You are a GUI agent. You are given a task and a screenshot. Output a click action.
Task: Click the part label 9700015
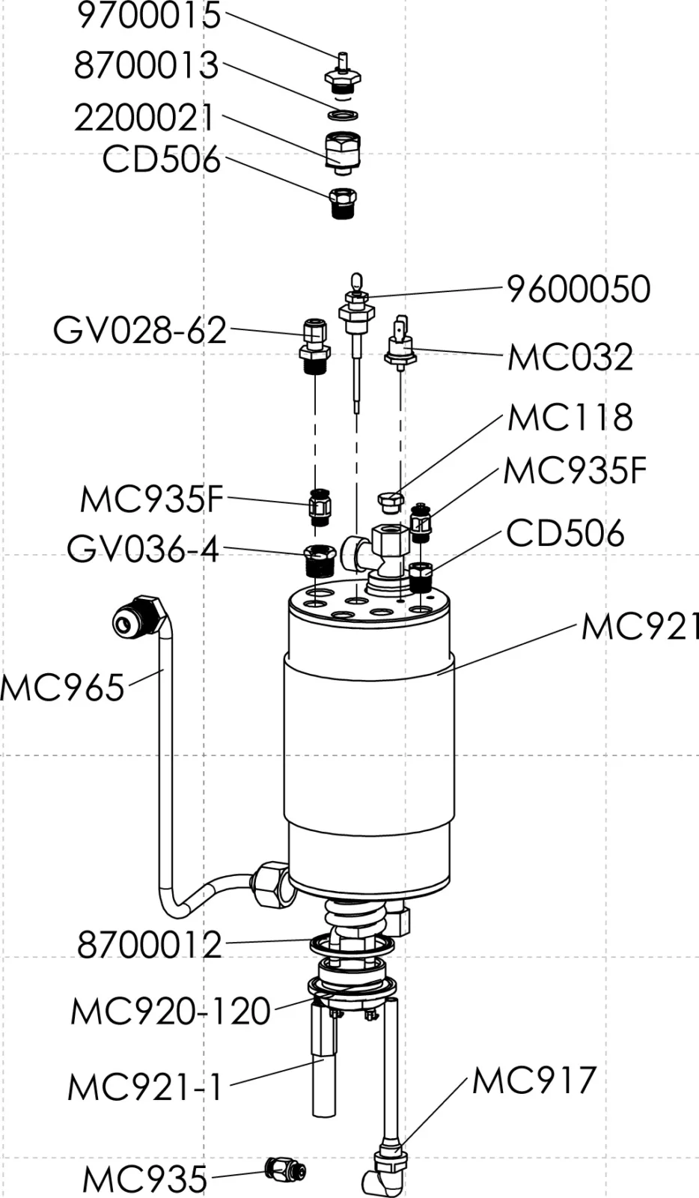(150, 16)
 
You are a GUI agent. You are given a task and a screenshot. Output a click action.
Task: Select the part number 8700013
(147, 66)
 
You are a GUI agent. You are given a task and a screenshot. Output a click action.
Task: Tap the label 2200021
(144, 118)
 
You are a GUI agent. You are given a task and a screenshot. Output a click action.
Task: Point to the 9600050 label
(579, 289)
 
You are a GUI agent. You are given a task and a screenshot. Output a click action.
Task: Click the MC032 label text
(570, 357)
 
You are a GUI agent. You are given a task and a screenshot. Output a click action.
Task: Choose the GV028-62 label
(140, 329)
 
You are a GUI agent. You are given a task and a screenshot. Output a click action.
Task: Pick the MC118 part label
(570, 418)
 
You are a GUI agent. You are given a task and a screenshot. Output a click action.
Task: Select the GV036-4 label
(143, 549)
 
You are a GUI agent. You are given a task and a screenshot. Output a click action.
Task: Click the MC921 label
(638, 627)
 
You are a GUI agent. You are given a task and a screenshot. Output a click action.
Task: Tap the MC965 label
(63, 687)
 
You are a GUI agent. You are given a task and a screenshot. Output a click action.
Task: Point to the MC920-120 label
(171, 1012)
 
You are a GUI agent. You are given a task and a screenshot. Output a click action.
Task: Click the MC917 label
(534, 1080)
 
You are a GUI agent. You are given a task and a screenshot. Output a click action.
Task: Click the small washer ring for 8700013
(343, 115)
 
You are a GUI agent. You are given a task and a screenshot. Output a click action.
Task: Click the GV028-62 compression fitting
(314, 346)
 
